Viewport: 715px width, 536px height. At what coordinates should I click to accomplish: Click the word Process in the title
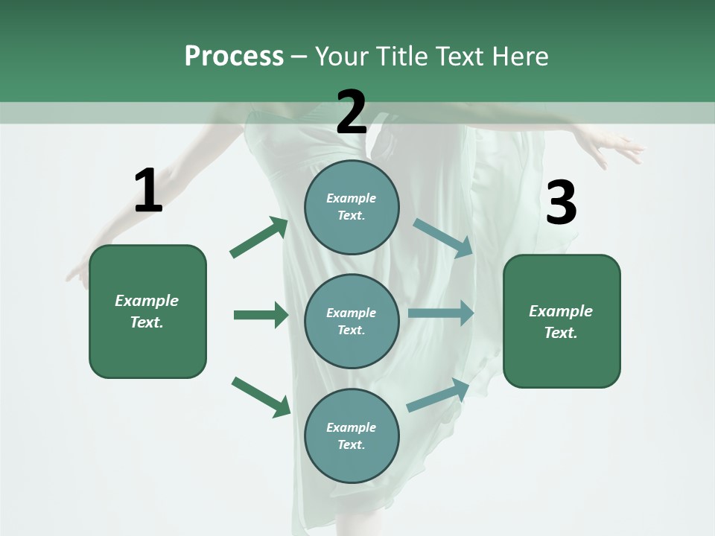point(234,56)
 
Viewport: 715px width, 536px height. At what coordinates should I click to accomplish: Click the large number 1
point(148,191)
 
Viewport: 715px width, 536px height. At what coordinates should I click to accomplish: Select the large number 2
point(352,112)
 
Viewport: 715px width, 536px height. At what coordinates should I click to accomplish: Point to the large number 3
point(561,203)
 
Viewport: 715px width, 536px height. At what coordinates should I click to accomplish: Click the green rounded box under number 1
point(147,311)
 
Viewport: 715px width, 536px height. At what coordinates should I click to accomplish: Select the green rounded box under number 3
point(562,322)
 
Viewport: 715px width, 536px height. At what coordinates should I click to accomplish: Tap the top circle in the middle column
point(352,207)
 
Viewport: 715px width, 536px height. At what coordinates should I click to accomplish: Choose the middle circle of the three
point(352,321)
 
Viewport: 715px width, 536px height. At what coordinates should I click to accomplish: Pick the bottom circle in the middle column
point(352,435)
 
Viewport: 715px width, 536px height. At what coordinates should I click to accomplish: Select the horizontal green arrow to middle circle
point(261,315)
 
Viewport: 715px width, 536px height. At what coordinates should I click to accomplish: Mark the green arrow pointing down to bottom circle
point(261,397)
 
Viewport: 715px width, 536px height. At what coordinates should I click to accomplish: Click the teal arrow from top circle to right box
point(442,237)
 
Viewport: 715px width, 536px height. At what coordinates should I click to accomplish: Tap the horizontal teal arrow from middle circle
point(441,313)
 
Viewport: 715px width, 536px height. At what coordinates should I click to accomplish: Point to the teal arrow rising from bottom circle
point(438,395)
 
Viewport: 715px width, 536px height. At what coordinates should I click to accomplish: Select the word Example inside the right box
point(561,311)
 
